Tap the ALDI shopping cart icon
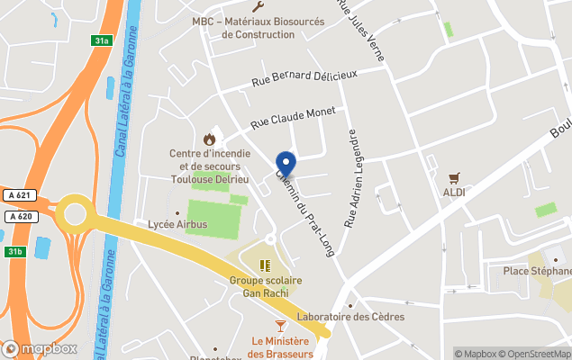click(x=454, y=177)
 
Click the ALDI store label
click(x=454, y=193)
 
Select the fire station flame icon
click(x=210, y=139)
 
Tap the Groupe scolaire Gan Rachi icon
click(x=265, y=265)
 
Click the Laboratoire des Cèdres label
click(x=351, y=317)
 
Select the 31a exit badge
click(x=103, y=40)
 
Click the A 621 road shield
click(x=19, y=195)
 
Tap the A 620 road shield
click(x=19, y=216)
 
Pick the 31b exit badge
click(x=13, y=250)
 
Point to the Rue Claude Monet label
click(x=292, y=117)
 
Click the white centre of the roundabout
click(x=74, y=215)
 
